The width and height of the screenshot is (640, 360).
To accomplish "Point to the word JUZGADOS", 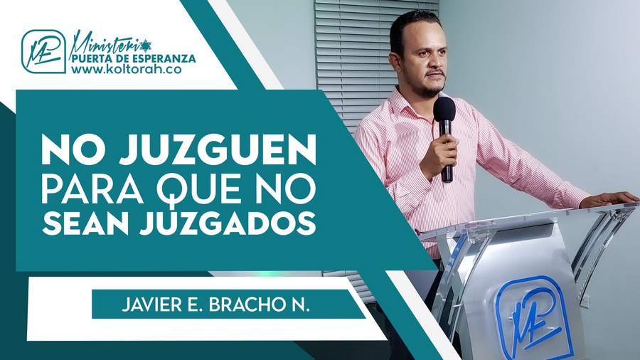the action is [228, 223].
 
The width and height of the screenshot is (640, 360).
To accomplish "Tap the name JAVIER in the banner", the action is [146, 305].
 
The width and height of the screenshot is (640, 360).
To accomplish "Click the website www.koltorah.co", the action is [126, 69].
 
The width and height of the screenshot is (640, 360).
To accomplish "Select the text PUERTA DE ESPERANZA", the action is [134, 58].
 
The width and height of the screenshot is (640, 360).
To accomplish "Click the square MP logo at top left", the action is [43, 51].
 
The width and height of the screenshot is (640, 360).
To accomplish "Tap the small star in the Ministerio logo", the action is [145, 43].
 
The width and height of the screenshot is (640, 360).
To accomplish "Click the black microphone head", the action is [444, 110].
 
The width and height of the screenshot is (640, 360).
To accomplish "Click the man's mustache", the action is [434, 74].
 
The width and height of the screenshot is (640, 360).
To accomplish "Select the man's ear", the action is [395, 61].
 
